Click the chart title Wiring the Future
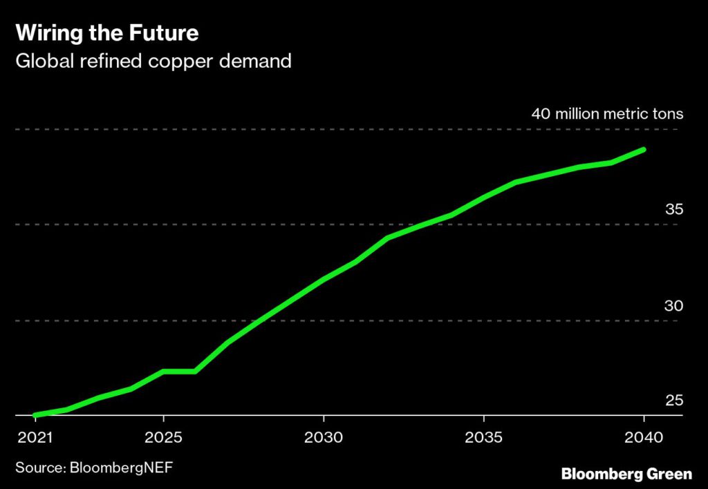click(x=106, y=33)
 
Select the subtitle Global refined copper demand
click(x=153, y=61)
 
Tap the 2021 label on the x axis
click(x=35, y=438)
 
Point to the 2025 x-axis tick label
click(x=163, y=438)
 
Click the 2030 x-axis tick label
click(x=324, y=438)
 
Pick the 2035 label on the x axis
click(x=484, y=438)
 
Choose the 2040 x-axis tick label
click(x=644, y=438)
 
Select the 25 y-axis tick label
click(x=673, y=401)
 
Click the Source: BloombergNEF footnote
click(x=93, y=468)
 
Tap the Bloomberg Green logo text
click(x=626, y=474)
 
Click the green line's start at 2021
click(x=35, y=415)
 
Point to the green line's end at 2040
click(x=644, y=149)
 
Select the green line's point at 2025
click(x=163, y=372)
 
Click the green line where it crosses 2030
click(x=324, y=280)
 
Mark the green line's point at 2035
click(x=484, y=198)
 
